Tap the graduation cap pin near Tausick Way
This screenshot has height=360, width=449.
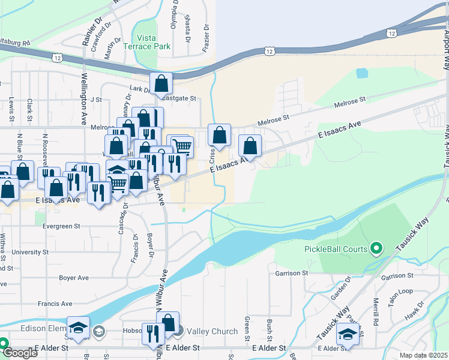pos(347,334)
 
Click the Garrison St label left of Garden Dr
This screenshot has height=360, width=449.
pos(292,272)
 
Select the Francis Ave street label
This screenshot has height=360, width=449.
pos(55,304)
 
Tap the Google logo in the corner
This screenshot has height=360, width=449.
pos(19,353)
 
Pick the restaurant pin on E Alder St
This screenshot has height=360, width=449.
pos(152,334)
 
